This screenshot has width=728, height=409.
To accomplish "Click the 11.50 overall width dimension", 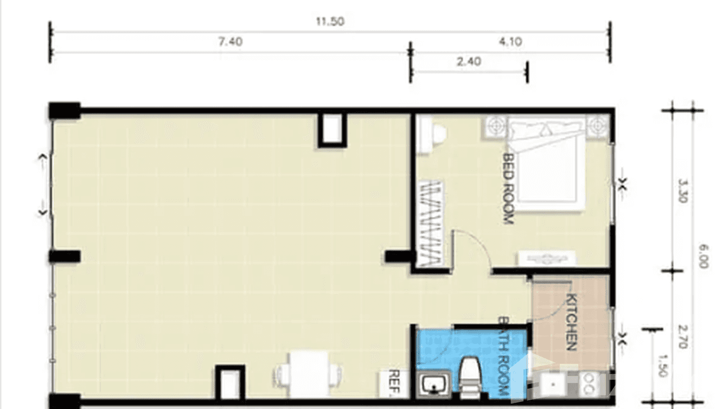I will tap(330, 22).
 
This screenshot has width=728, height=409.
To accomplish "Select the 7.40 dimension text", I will tap(230, 42).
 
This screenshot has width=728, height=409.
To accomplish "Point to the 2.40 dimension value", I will tap(469, 61).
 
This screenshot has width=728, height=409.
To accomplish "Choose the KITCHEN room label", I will tap(571, 322).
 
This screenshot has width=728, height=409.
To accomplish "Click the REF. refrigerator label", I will tap(394, 384).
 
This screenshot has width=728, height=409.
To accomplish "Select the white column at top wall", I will tap(332, 129).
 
